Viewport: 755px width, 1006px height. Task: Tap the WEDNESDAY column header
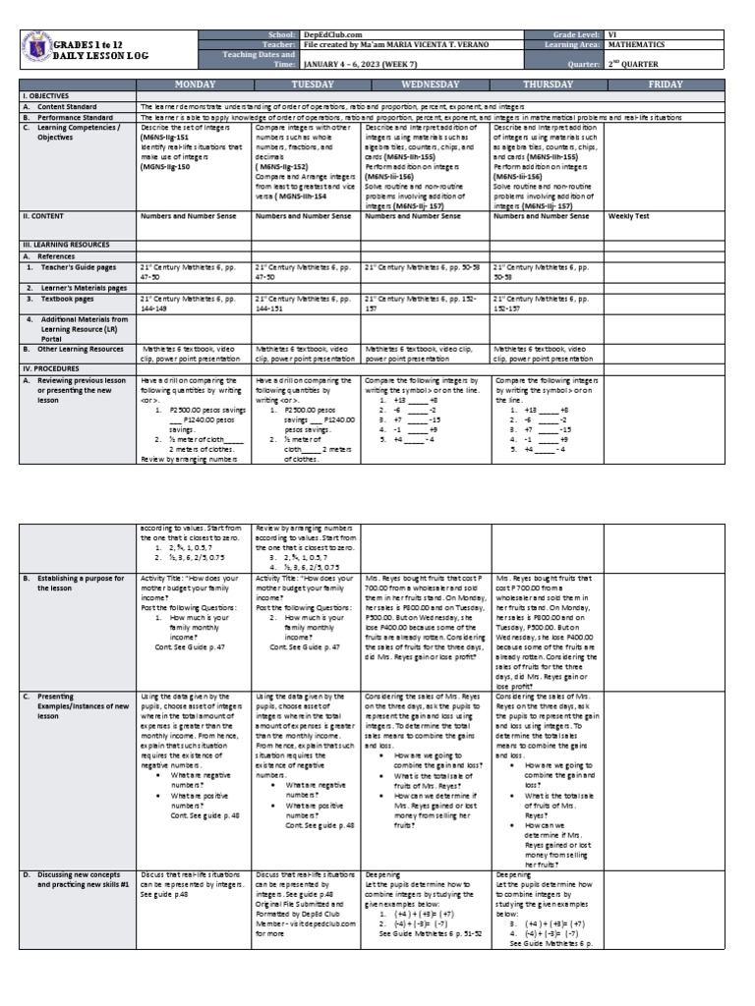tap(426, 85)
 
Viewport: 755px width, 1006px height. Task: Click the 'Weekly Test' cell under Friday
tap(627, 215)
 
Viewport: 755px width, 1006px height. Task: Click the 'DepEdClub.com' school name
tap(319, 34)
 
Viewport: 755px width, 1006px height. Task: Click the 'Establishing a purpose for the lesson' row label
tap(75, 585)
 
